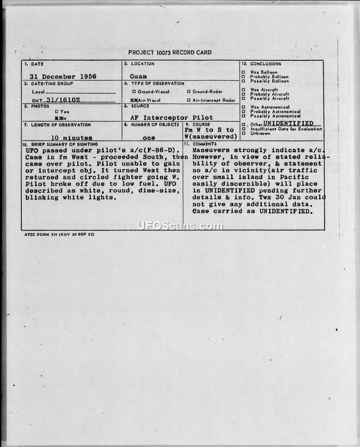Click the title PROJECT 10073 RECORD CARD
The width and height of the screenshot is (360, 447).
tap(170, 53)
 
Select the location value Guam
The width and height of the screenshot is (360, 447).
tap(138, 76)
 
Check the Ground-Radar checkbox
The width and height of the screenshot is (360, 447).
tap(189, 92)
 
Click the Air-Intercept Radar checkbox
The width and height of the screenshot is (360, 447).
tap(189, 100)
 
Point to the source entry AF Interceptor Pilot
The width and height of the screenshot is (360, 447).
tap(171, 117)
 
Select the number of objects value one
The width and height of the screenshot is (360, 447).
tap(148, 138)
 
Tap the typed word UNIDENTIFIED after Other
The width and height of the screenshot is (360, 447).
tap(288, 123)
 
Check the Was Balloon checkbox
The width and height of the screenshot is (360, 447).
tap(243, 72)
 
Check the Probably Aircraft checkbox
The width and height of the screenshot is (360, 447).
tap(243, 94)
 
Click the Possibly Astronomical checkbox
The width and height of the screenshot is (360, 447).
tap(243, 116)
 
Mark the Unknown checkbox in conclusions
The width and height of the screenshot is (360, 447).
tap(243, 133)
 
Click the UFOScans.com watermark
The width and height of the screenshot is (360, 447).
tap(180, 226)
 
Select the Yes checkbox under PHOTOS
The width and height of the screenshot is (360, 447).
tap(56, 112)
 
